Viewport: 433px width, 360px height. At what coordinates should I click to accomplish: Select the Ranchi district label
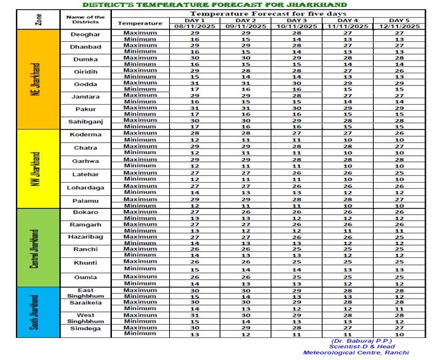point(85,249)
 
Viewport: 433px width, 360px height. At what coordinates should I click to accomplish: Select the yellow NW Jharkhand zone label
point(35,169)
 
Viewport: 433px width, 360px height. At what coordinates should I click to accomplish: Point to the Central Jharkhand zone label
point(35,248)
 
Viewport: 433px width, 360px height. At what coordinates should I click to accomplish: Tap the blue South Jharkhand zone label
point(35,312)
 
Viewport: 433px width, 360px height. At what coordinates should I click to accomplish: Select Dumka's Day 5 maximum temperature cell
point(398,58)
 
